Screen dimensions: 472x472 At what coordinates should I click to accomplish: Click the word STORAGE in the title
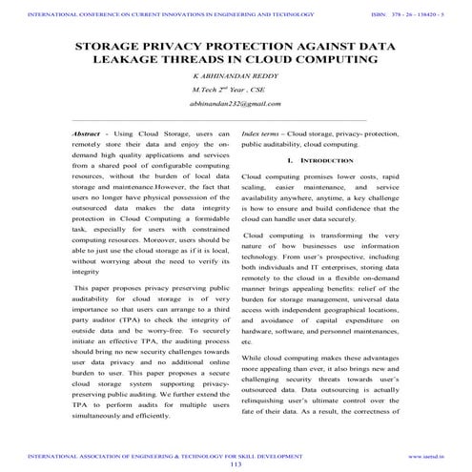[x=113, y=45]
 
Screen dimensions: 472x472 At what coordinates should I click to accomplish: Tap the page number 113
[x=236, y=463]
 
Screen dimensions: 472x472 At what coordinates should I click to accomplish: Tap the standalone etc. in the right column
[x=248, y=340]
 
